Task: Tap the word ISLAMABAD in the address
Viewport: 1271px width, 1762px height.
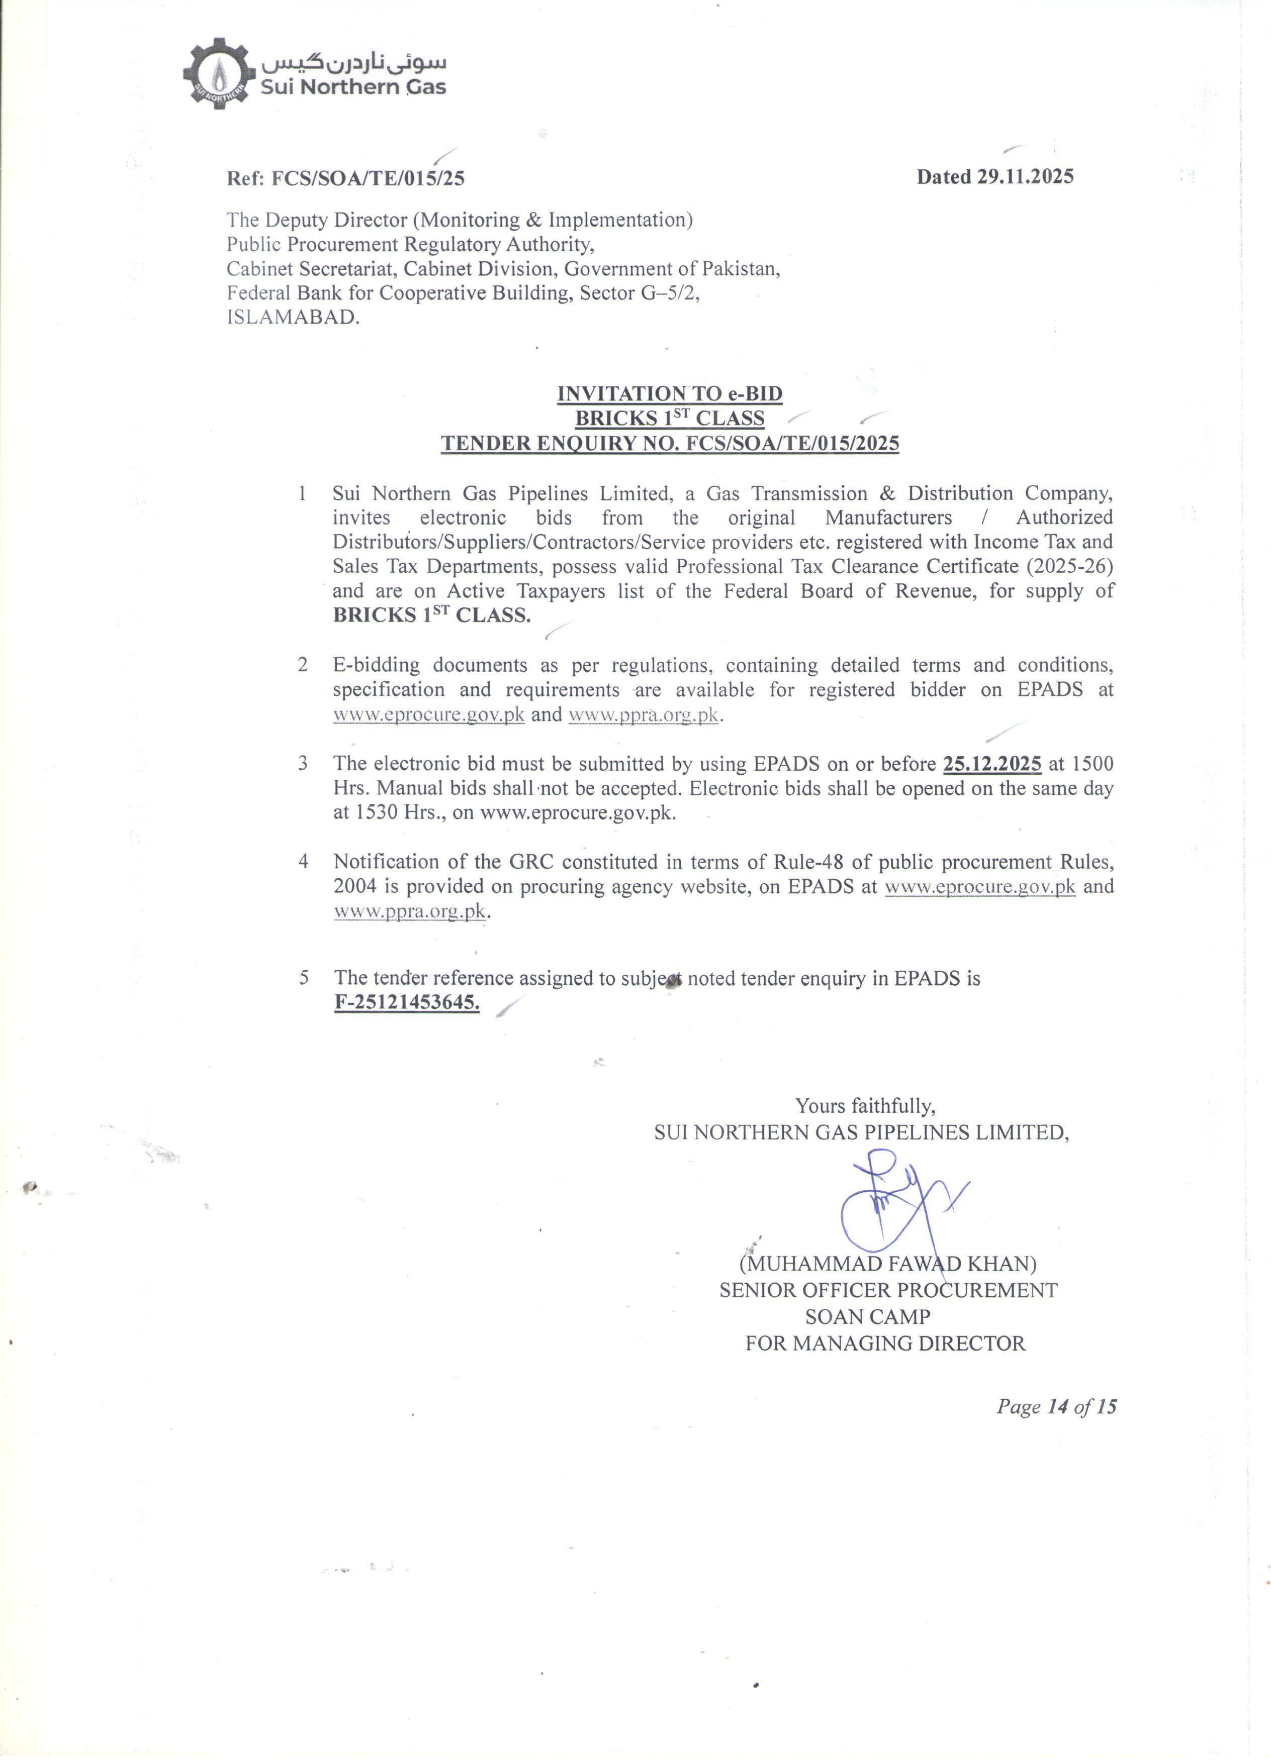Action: pyautogui.click(x=293, y=318)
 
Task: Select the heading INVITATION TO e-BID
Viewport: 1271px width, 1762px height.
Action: pyautogui.click(x=669, y=394)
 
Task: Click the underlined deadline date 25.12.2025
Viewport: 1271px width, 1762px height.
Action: pyautogui.click(x=992, y=764)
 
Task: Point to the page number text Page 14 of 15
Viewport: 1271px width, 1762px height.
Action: pyautogui.click(x=1056, y=1407)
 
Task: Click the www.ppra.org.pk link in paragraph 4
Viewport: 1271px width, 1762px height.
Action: pyautogui.click(x=410, y=911)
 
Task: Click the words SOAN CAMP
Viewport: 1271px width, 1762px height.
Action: pyautogui.click(x=868, y=1317)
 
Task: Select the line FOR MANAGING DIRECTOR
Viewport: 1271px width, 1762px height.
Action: pyautogui.click(x=885, y=1343)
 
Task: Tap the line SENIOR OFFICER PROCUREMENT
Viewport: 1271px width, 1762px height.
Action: pyautogui.click(x=888, y=1290)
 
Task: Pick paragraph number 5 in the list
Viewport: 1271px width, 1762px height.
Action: pyautogui.click(x=304, y=977)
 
